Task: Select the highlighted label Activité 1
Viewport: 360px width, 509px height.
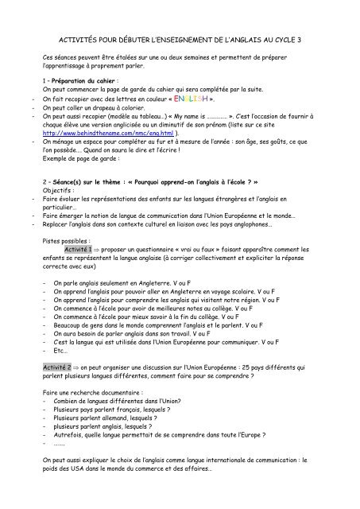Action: (x=83, y=249)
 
